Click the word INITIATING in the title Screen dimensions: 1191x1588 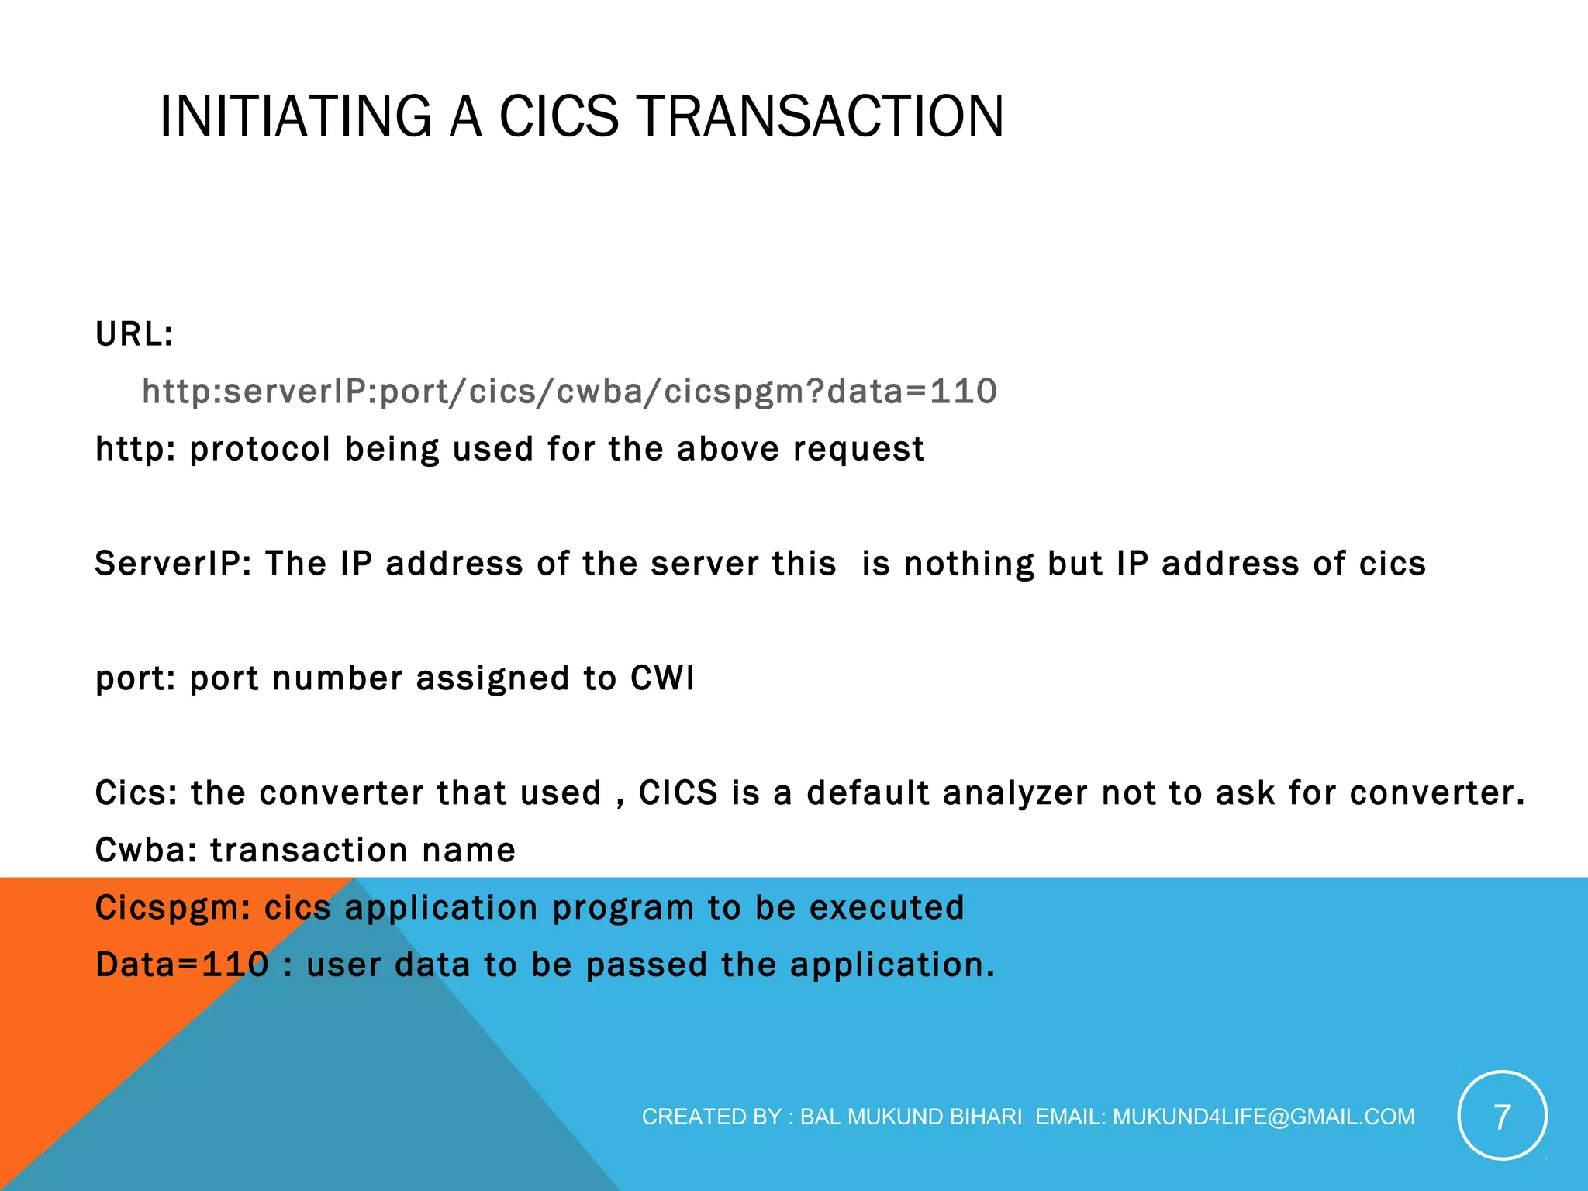[x=295, y=116]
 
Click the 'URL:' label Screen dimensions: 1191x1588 [x=134, y=334]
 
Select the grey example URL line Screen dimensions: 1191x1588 [x=569, y=392]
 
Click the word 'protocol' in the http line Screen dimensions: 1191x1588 [x=260, y=449]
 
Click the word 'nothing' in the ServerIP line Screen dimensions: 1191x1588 [x=969, y=564]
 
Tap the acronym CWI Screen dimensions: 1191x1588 [x=662, y=678]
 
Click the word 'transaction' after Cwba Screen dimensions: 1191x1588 [x=309, y=851]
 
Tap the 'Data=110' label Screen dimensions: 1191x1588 [x=181, y=965]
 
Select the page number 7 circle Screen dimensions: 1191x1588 [x=1502, y=1116]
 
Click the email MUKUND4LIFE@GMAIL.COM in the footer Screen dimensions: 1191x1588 [x=1264, y=1117]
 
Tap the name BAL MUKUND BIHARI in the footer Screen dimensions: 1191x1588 [x=910, y=1117]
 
